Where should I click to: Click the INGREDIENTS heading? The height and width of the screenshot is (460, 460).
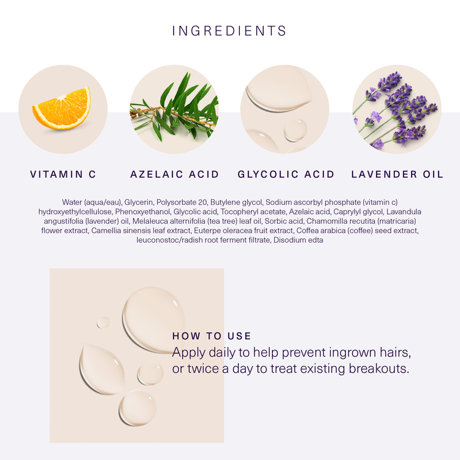click(229, 31)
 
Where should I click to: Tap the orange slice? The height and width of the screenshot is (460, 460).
click(62, 109)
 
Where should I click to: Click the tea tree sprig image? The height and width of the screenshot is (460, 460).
click(174, 109)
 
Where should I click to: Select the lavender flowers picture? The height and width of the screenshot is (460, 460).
click(397, 109)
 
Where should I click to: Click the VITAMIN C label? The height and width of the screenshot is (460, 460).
click(63, 174)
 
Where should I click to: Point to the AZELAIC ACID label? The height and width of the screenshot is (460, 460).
click(175, 174)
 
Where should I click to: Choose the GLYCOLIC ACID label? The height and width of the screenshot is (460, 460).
click(286, 174)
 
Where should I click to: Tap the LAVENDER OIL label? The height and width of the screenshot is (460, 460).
click(397, 174)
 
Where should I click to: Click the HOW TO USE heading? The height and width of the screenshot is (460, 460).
click(212, 336)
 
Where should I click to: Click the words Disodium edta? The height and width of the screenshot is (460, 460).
click(298, 240)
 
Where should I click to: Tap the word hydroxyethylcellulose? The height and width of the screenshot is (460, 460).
click(75, 212)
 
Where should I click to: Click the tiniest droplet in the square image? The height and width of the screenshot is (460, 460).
click(103, 322)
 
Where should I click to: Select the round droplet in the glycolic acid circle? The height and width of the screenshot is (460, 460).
click(295, 129)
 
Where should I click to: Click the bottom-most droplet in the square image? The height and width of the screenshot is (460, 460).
click(137, 408)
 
